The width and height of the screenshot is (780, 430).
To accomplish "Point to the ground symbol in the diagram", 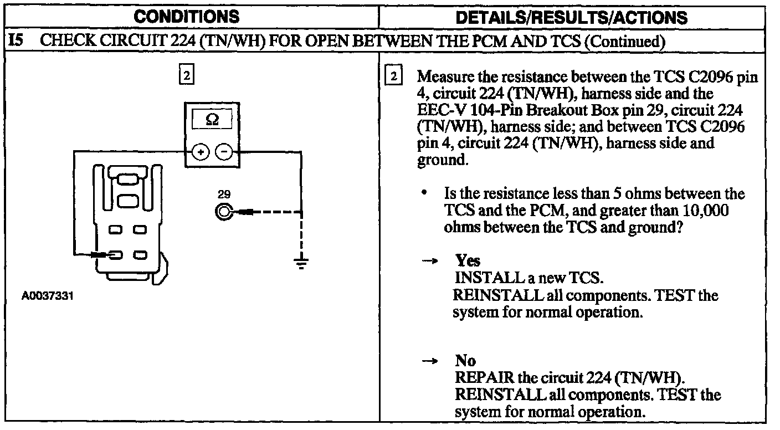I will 301,263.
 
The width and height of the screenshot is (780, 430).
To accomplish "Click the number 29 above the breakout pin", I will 224,196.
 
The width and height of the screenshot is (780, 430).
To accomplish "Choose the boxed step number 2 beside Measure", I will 393,76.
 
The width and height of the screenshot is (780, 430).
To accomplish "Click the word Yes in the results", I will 468,260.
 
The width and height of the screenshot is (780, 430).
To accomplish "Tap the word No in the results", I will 465,361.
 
